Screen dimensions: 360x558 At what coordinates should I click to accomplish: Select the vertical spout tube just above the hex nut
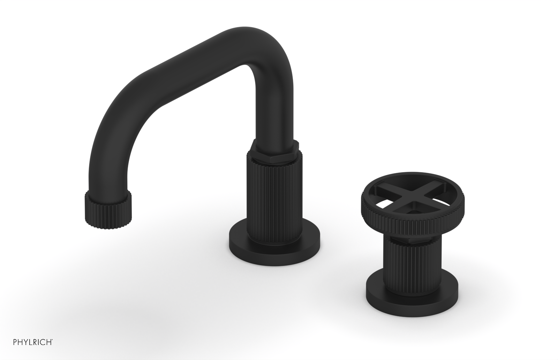276,115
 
